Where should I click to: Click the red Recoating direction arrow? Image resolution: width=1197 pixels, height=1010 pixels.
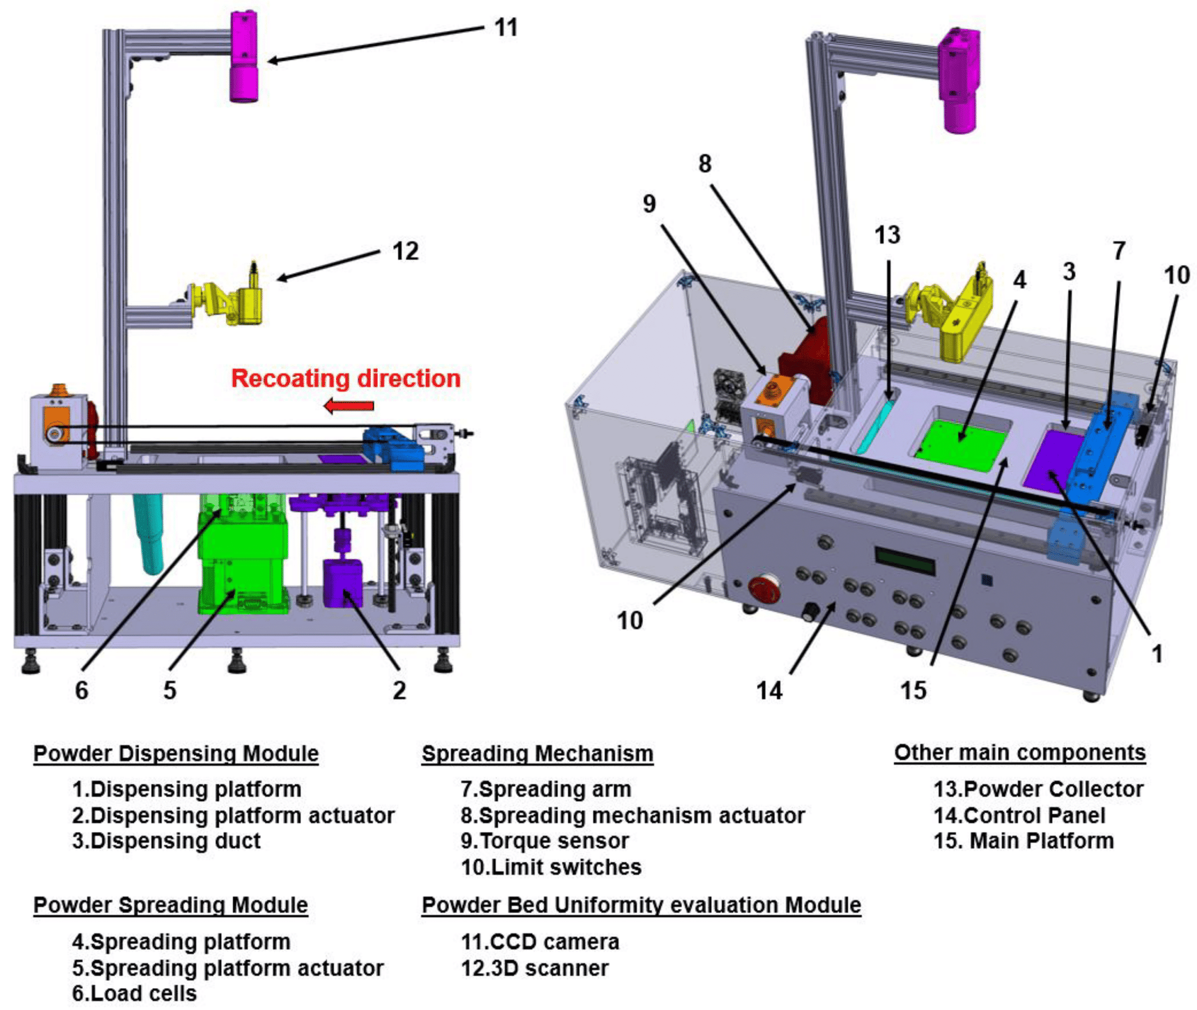(x=349, y=406)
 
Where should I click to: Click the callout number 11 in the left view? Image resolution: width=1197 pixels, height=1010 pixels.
(x=506, y=28)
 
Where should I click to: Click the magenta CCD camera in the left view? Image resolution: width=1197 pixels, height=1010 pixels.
(x=245, y=57)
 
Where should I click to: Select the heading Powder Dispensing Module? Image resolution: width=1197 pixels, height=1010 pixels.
(x=176, y=753)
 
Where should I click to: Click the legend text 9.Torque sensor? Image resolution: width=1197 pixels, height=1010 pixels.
(x=544, y=841)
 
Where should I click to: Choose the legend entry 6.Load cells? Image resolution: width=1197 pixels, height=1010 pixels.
(x=135, y=993)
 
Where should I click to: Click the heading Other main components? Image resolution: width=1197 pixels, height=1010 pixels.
(x=1019, y=752)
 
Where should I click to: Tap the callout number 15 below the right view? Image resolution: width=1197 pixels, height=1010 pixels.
(x=913, y=691)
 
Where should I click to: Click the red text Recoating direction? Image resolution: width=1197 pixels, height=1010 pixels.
(x=346, y=378)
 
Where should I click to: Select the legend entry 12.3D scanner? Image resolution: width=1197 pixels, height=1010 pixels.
(x=534, y=967)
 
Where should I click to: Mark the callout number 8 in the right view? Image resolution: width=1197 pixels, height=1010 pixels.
(x=705, y=164)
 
